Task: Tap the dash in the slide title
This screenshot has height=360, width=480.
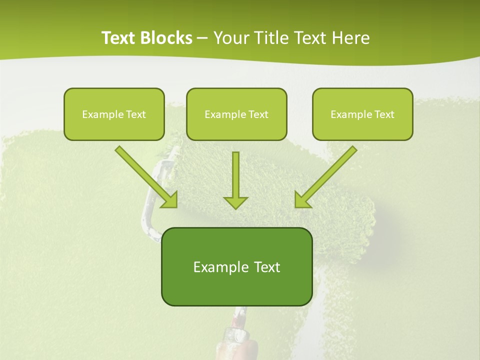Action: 202,38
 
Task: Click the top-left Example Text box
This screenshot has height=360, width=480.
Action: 114,114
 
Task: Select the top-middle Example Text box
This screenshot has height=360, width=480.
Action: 236,114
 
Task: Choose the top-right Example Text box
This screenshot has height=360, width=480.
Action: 362,114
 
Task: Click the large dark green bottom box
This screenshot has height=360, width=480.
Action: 236,266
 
